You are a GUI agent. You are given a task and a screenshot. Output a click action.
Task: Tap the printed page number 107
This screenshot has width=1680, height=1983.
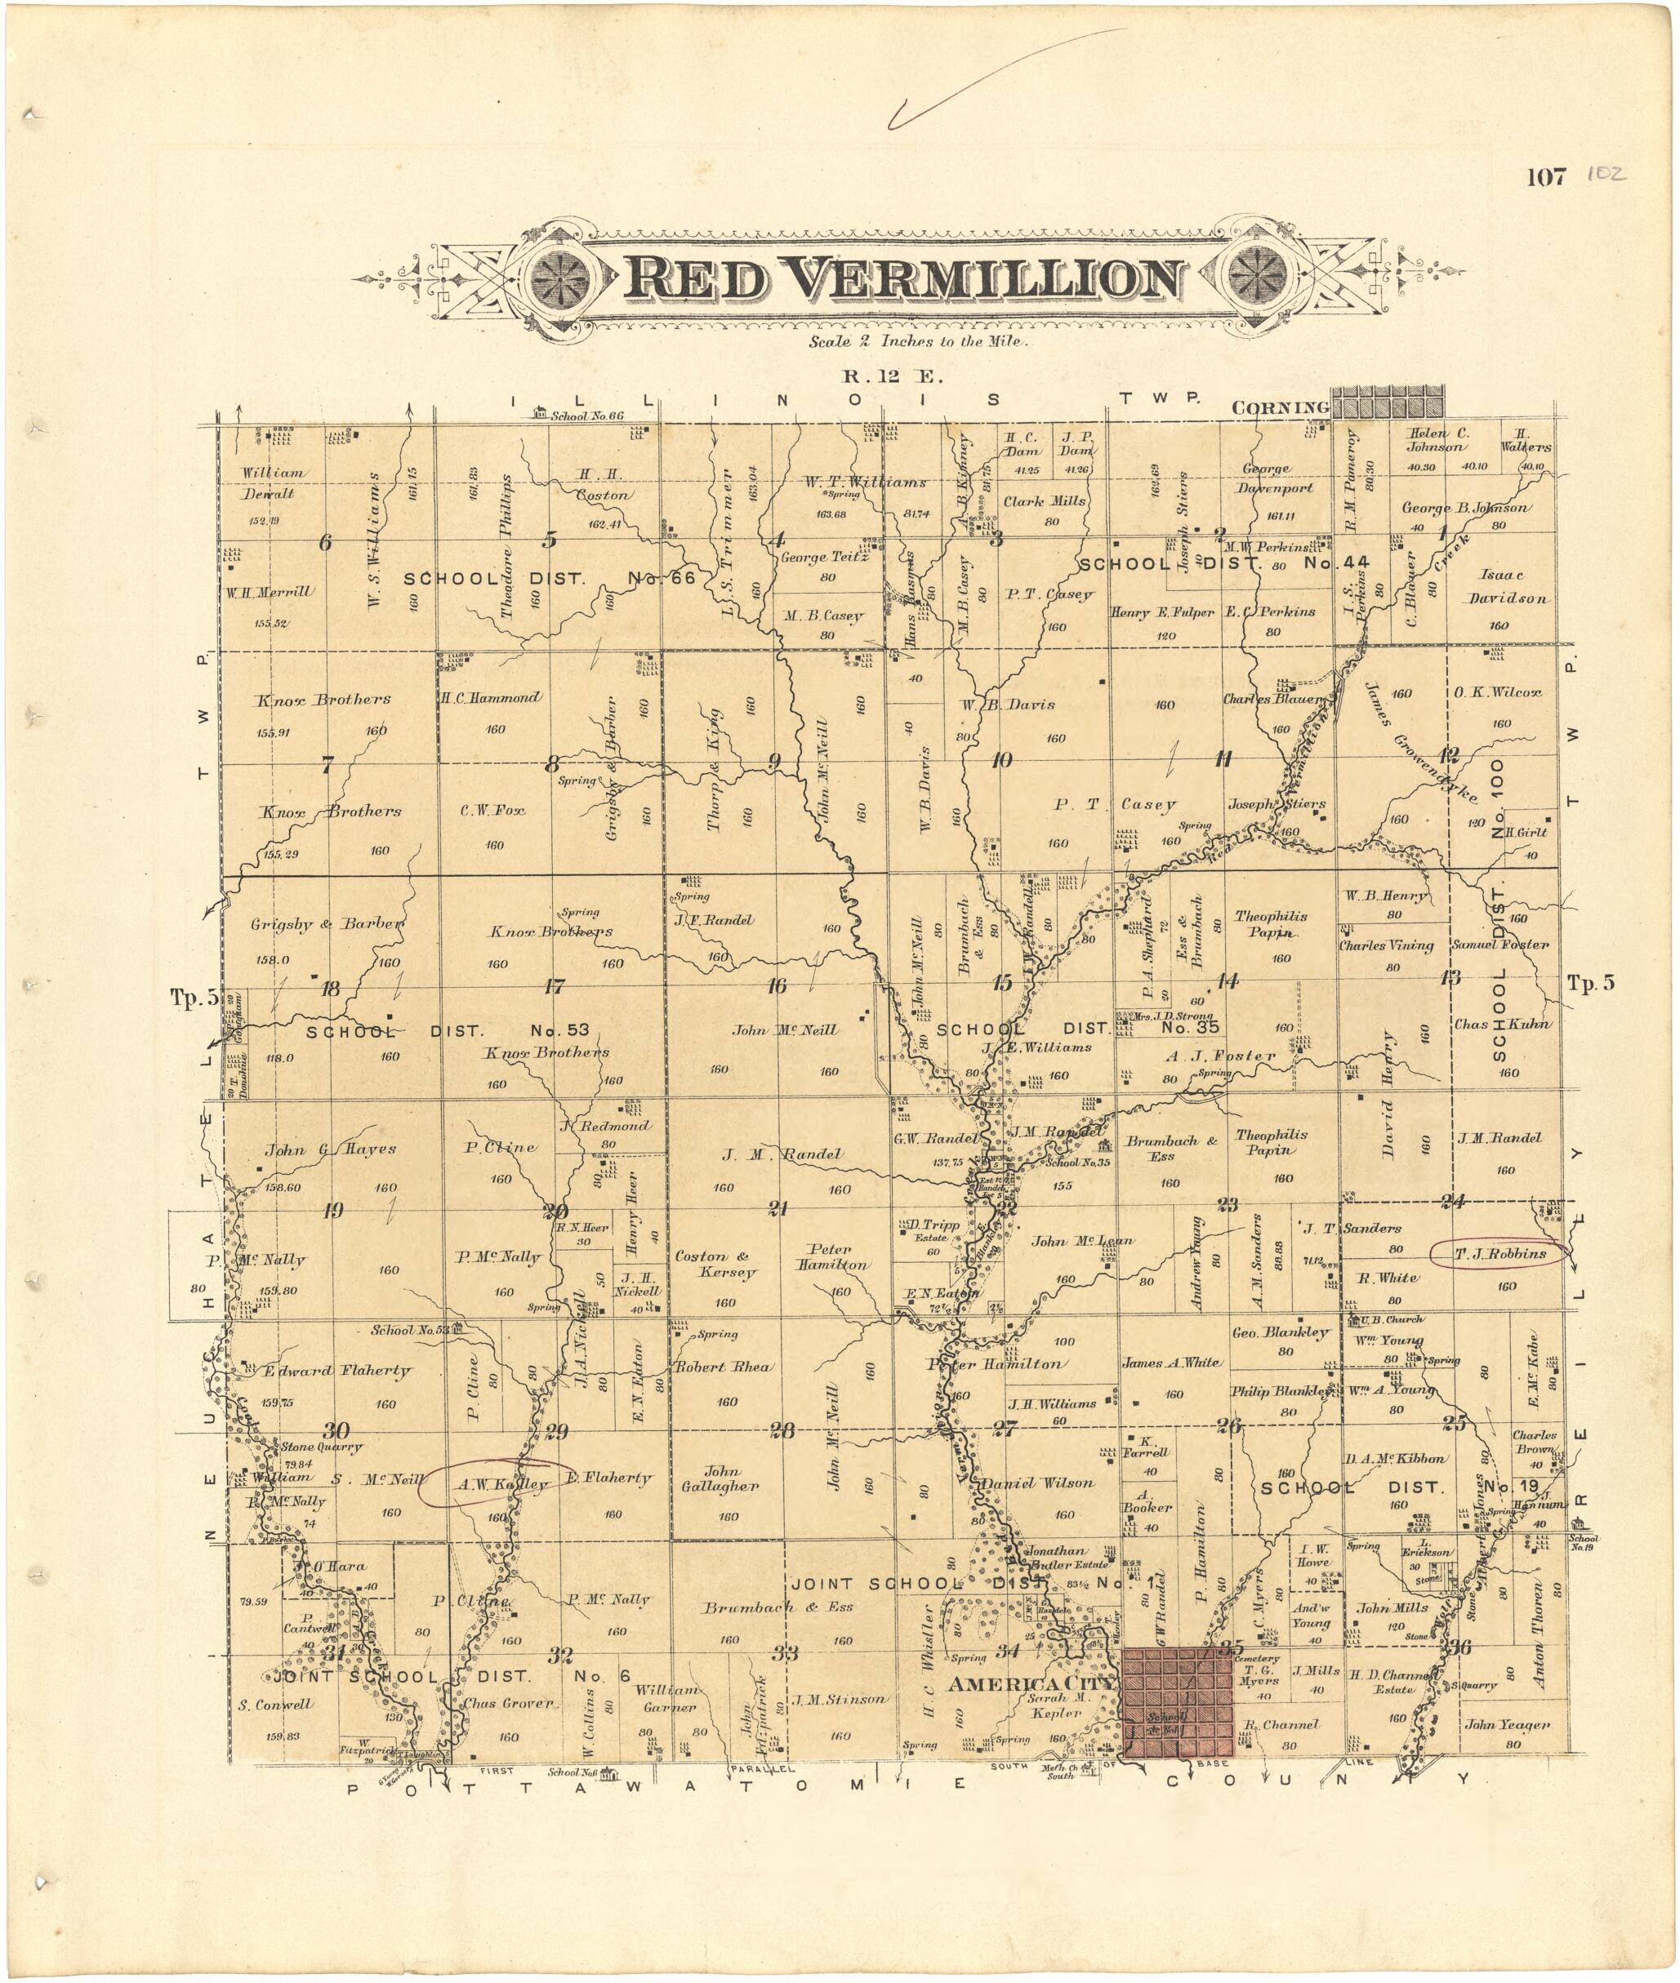tap(1546, 177)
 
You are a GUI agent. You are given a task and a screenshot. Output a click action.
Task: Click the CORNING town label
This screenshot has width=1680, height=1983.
tap(1279, 407)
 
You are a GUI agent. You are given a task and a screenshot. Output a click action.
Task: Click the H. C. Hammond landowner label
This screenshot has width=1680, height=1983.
tap(491, 698)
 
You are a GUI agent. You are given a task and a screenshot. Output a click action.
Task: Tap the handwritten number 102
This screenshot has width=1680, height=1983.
tap(1606, 176)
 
